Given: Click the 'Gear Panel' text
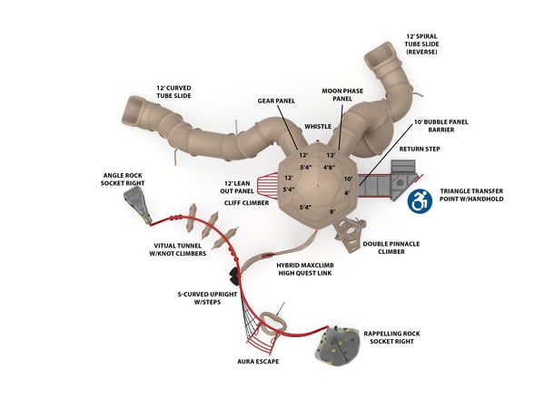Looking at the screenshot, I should point(275,101).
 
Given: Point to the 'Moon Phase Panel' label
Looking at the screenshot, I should point(343,96).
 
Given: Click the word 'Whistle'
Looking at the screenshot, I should point(318,127).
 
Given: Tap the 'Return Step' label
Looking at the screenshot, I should point(420,149).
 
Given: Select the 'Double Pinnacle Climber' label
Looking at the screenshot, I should point(391,248).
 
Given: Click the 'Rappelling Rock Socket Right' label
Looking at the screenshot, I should point(391,338).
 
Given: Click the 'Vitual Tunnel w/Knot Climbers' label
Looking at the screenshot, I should point(179,250).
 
